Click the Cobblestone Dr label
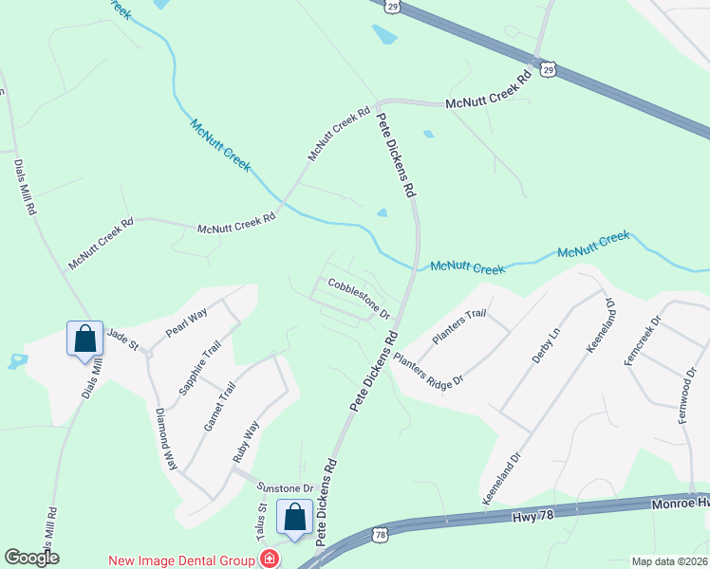[360, 297]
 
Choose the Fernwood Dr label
[686, 387]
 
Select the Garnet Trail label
[219, 407]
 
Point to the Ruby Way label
[246, 442]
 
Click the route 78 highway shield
[379, 536]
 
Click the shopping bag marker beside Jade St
[84, 339]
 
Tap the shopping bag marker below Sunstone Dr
[294, 517]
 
